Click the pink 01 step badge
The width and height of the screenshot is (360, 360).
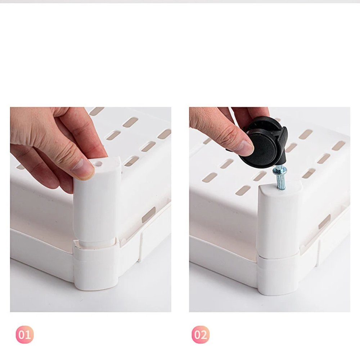coord(24,334)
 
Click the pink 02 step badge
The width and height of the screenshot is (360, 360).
coord(201,334)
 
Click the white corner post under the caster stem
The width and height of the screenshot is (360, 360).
coord(279,220)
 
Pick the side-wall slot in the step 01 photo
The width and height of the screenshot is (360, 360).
coord(148,215)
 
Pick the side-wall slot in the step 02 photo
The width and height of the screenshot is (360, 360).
coord(324,221)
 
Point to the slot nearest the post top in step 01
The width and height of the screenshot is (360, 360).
coord(132,161)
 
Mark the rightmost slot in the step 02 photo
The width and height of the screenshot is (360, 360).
coord(338,145)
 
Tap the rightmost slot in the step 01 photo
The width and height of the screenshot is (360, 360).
coord(164,134)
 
